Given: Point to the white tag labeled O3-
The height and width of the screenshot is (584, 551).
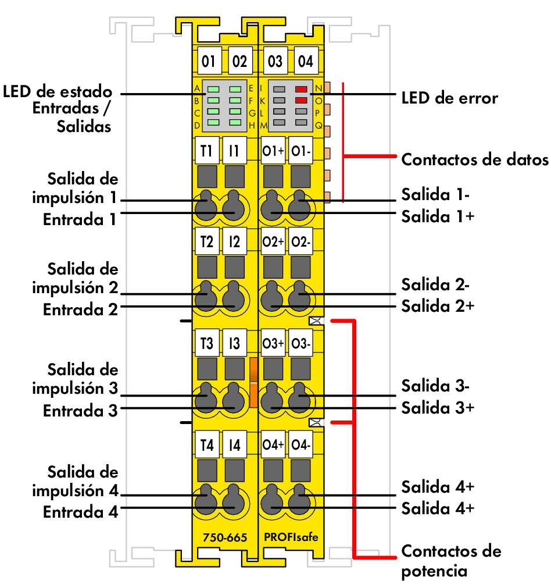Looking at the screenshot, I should tap(301, 344).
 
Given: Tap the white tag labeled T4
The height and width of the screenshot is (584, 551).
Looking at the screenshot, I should tap(206, 446).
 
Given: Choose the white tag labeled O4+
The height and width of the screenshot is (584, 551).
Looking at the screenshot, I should tap(273, 446).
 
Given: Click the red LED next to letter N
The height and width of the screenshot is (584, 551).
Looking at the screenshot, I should tap(300, 90).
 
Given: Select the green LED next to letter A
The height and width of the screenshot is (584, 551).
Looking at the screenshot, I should tap(213, 90).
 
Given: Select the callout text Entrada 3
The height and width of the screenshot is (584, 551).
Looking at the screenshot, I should tap(80, 410).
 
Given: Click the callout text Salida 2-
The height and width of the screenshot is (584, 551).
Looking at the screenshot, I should tap(436, 285).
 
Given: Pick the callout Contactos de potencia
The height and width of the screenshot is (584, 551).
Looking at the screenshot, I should tap(451, 560).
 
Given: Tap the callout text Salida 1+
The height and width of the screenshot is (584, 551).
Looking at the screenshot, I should tap(438, 216).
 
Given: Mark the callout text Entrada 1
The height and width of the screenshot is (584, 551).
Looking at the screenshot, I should tap(80, 220).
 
